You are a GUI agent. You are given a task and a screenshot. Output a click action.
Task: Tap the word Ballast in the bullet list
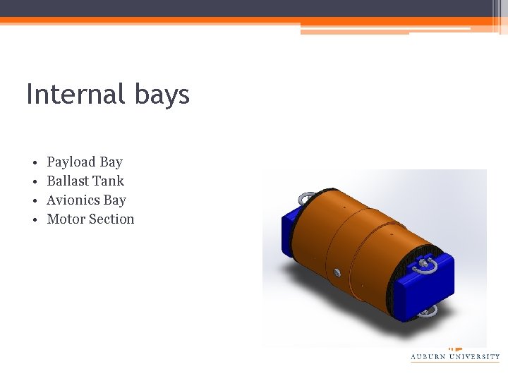68,181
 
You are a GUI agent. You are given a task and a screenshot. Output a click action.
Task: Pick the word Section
111,219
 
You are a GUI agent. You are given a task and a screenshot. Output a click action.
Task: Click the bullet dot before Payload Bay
33,163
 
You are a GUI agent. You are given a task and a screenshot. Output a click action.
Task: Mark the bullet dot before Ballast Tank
33,182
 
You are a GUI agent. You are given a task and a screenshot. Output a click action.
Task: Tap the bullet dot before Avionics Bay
33,201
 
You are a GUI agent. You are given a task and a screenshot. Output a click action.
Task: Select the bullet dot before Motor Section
33,220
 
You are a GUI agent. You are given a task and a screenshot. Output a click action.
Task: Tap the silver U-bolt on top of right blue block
423,265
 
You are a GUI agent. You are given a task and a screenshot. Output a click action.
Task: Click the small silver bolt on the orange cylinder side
337,272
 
